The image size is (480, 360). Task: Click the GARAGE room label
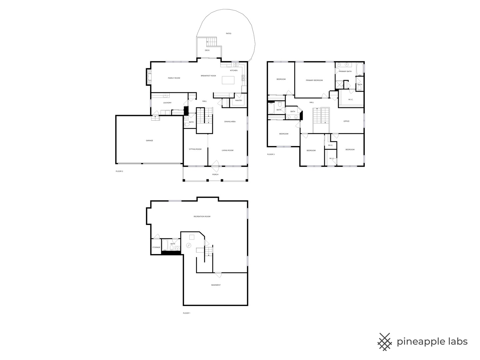click(149, 141)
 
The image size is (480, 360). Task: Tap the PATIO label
click(229, 33)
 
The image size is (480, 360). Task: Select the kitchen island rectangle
click(228, 80)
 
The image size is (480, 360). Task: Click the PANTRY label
click(239, 100)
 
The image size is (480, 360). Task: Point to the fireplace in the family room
click(149, 77)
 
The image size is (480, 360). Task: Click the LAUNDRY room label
click(167, 103)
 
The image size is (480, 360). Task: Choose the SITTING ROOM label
click(195, 149)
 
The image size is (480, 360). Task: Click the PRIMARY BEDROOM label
click(314, 80)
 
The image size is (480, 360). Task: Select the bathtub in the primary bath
click(360, 69)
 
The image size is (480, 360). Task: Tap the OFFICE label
click(346, 121)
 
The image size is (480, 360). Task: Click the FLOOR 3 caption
click(271, 154)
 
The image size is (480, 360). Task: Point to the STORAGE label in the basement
click(156, 247)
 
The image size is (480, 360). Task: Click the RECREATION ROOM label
click(202, 216)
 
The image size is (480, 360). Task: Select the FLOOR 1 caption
click(187, 313)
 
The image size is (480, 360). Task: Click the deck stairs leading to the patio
click(211, 42)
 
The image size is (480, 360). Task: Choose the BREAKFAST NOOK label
click(208, 76)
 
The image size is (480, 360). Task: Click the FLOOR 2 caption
click(119, 171)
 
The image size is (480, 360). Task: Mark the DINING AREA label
click(230, 122)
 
